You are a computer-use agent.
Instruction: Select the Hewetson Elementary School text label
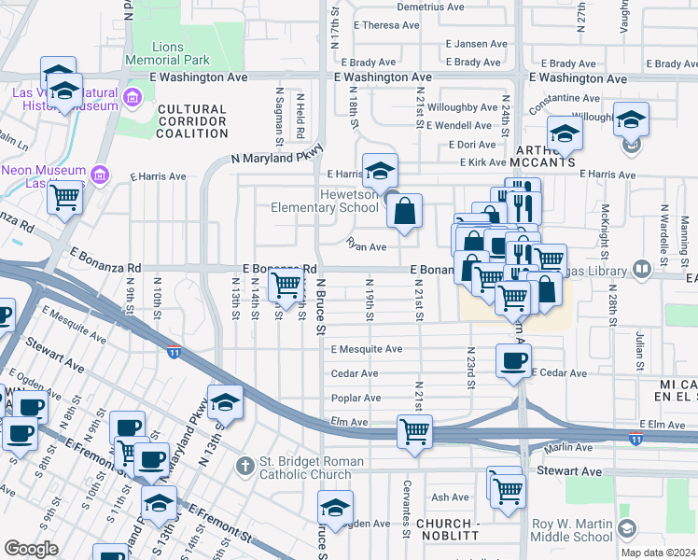coord(324,201)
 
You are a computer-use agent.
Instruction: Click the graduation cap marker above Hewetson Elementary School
coord(380,171)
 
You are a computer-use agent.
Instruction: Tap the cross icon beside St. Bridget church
coord(244,464)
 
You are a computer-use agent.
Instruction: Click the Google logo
coord(31,549)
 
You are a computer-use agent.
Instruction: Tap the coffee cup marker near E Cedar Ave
coord(512,360)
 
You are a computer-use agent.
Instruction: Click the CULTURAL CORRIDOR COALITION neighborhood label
coord(192,121)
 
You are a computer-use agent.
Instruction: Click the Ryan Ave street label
coord(366,247)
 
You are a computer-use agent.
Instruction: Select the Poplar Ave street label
coord(355,398)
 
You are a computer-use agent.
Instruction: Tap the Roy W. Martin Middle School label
coord(573,530)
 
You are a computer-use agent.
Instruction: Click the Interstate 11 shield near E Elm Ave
coord(635,438)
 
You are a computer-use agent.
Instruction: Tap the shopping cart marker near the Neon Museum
coord(65,197)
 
